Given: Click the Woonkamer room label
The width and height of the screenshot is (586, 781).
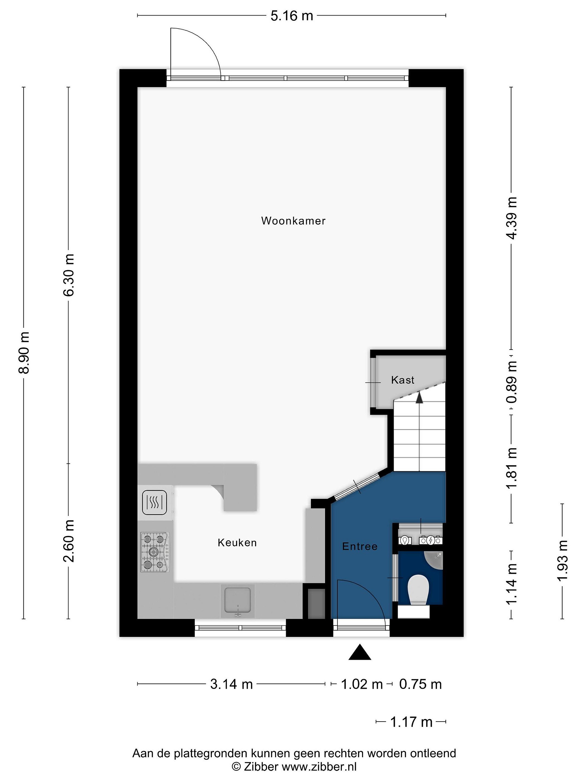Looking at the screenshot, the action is pos(293,221).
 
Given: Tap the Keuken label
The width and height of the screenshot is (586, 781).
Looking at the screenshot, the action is pos(237,542).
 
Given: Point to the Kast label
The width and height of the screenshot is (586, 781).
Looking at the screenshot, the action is pos(403,380).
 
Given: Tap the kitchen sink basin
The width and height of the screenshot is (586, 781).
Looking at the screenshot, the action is pos(238,600).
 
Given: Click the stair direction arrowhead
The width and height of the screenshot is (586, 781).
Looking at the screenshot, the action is pos(419,398).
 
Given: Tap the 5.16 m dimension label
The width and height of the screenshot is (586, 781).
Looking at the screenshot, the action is pos(292,16).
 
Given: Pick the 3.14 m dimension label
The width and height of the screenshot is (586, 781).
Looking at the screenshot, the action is pos(231,684).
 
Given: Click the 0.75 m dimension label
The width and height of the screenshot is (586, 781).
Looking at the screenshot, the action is pos(420,684).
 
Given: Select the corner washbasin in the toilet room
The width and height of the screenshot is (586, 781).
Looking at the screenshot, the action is pos(434,560).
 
